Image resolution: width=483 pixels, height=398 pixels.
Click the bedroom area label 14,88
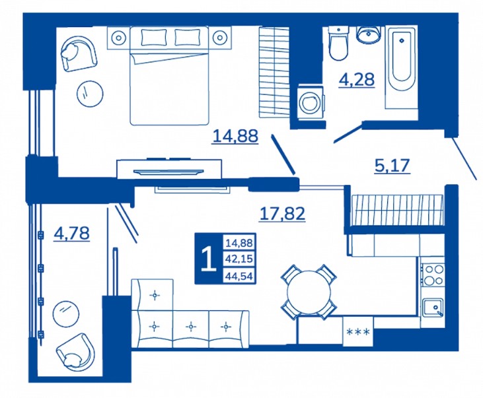(x=235, y=137)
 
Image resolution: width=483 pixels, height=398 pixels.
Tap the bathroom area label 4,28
(x=357, y=80)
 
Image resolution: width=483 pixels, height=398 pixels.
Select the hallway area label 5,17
(x=392, y=166)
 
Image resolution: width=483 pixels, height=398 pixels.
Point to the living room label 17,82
(x=283, y=214)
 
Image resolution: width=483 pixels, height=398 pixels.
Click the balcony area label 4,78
(x=71, y=233)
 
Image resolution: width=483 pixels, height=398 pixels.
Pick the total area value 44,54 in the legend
(x=239, y=276)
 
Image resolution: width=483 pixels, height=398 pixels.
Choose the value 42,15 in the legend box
(x=239, y=259)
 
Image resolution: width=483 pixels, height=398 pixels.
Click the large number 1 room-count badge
(x=209, y=259)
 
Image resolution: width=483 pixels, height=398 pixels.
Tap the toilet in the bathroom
(x=338, y=44)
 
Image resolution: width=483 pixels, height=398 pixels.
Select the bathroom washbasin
(x=369, y=34)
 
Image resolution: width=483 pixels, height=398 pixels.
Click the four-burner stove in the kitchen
(x=433, y=275)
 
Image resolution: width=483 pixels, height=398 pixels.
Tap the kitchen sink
(x=433, y=308)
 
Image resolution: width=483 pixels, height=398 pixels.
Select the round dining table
(x=308, y=291)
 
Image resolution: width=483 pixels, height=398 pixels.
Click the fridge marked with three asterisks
(x=358, y=331)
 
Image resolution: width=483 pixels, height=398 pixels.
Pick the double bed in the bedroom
(x=169, y=76)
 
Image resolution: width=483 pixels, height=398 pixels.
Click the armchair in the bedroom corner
(x=79, y=53)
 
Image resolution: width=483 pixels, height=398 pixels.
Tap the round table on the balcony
(x=65, y=314)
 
